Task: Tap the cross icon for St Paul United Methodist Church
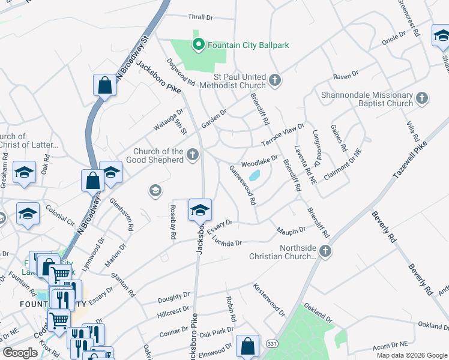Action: click(274, 80)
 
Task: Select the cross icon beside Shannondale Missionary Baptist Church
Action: click(421, 97)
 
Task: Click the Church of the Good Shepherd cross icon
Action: click(193, 155)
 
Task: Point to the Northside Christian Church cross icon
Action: click(325, 251)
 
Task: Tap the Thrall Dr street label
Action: click(201, 18)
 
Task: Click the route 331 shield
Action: click(272, 343)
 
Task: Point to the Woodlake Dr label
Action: click(259, 161)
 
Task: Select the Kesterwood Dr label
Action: click(269, 300)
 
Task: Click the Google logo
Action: click(20, 353)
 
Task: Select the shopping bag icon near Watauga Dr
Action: click(104, 86)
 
